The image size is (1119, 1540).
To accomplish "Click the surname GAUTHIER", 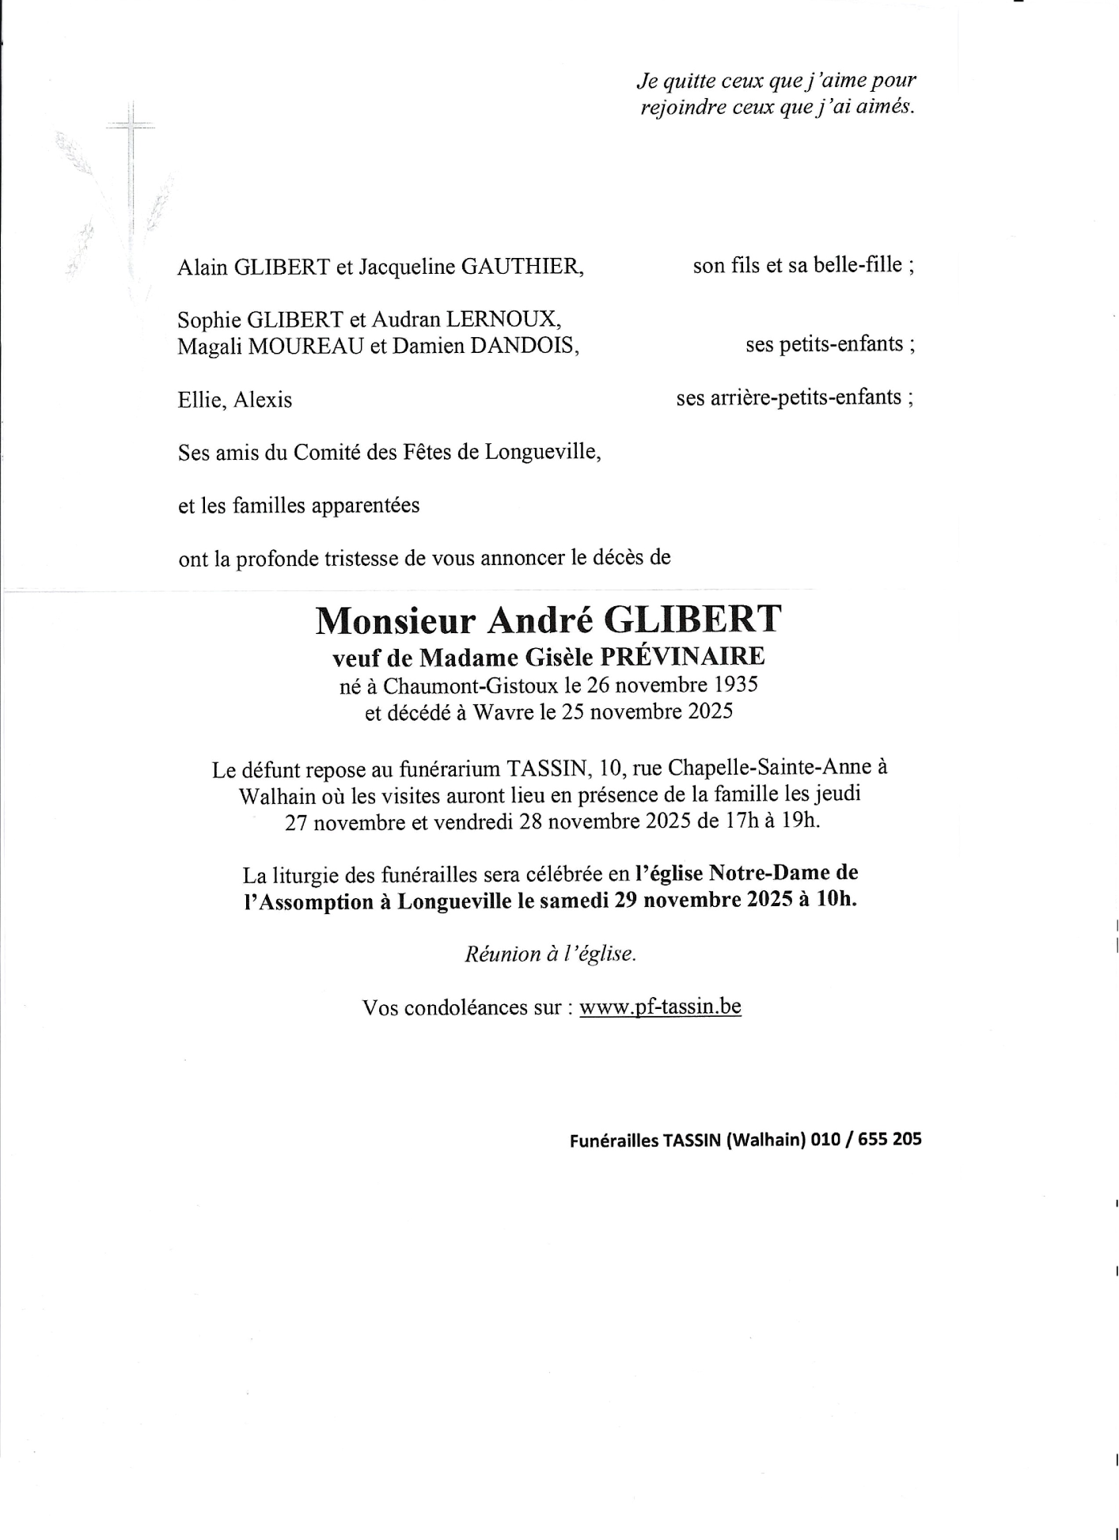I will click(522, 267).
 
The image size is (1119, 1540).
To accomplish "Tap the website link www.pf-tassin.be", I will click(660, 1007).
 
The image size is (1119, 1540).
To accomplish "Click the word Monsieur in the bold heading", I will click(395, 621).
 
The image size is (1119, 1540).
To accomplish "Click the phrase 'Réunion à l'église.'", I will click(550, 954).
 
